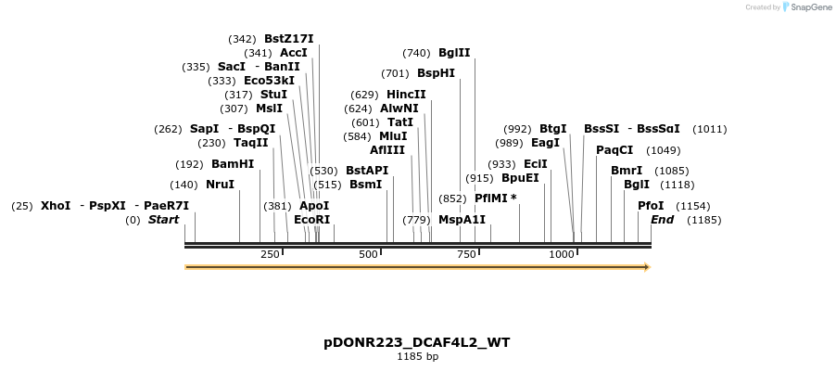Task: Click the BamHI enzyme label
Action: tap(233, 164)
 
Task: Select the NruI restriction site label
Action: tap(220, 185)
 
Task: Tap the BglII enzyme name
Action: tap(454, 53)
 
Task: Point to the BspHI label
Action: tap(436, 73)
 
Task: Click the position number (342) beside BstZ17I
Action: tap(242, 39)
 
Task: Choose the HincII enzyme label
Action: tap(406, 95)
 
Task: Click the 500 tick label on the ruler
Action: tap(368, 254)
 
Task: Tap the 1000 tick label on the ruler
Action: tap(562, 254)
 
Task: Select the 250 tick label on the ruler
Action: tap(270, 254)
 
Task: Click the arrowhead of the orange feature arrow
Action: tap(648, 267)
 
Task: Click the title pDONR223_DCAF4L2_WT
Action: tap(417, 342)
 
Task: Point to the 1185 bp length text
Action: tap(417, 356)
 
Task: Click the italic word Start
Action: tap(163, 220)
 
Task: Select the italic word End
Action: tap(662, 220)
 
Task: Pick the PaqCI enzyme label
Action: tap(614, 150)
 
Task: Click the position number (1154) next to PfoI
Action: tap(693, 207)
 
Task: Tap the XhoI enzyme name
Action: tap(56, 206)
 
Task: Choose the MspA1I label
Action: tap(462, 220)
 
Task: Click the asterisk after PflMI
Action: tap(513, 197)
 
